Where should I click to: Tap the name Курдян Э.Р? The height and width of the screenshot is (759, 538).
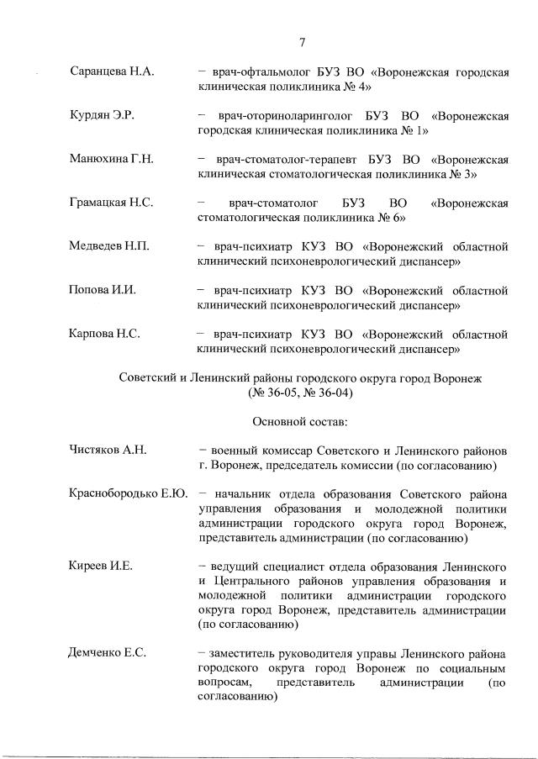[102, 116]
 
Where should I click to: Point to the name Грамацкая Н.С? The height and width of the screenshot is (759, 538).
[112, 203]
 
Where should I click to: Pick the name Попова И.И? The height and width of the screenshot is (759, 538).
[102, 290]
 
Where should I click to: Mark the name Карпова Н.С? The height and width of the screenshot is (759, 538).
[104, 334]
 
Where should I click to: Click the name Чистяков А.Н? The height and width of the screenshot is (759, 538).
[108, 450]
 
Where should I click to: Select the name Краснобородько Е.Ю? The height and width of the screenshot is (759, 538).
[128, 493]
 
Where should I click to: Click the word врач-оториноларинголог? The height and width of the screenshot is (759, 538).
[285, 116]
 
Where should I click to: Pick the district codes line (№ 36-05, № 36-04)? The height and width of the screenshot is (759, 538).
[300, 392]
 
